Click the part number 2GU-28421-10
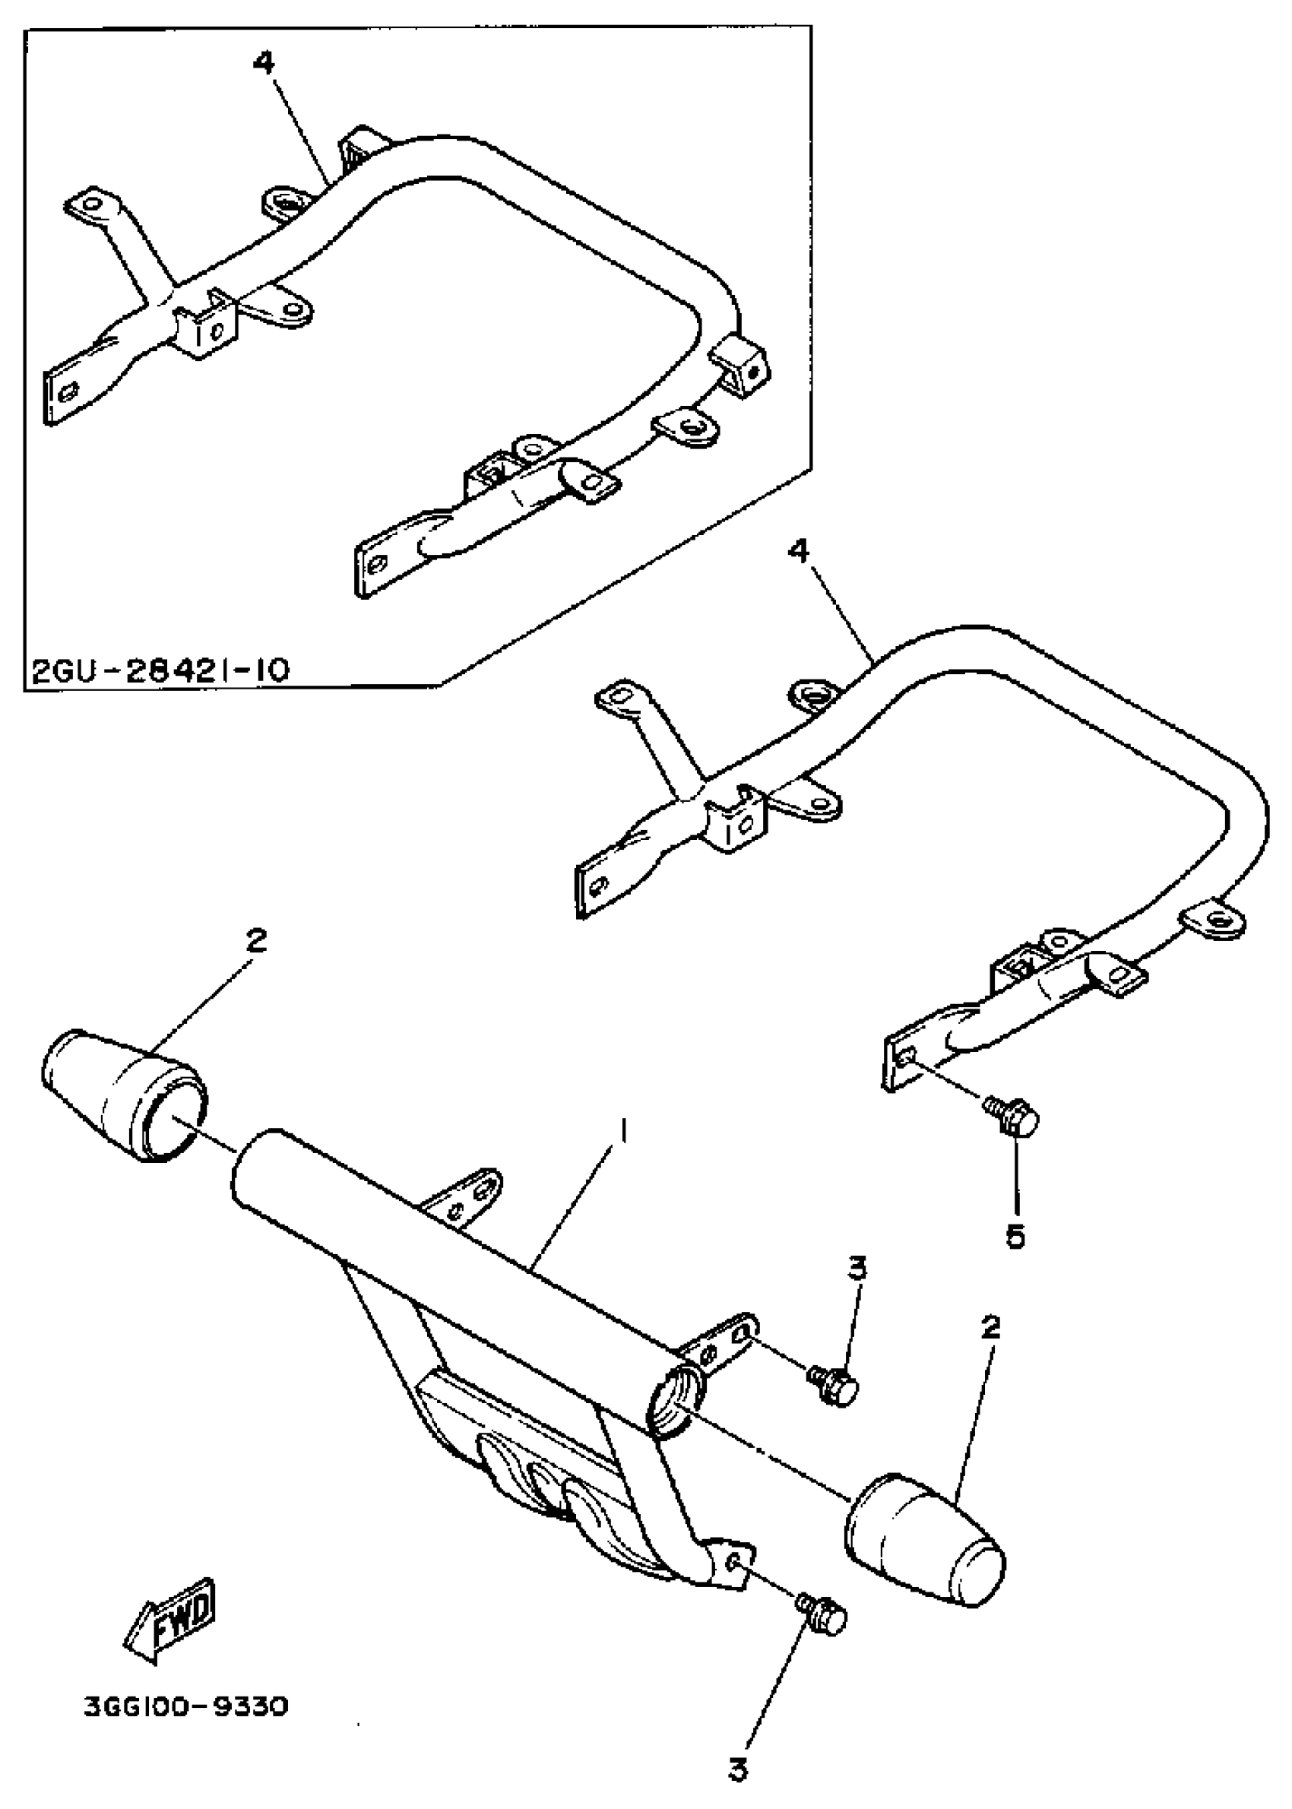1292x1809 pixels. click(x=159, y=669)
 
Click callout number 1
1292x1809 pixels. click(x=625, y=1129)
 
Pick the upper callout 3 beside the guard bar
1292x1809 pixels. click(x=857, y=1266)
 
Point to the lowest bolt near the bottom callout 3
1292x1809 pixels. click(x=822, y=1617)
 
